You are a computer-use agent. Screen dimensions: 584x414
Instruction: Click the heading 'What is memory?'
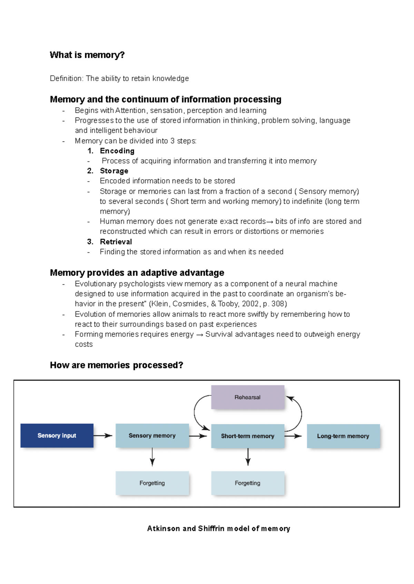87,55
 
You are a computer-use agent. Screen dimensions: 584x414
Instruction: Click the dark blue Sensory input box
57,435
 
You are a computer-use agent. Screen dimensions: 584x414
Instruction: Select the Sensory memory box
152,435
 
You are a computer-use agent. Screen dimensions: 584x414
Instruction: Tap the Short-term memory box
247,436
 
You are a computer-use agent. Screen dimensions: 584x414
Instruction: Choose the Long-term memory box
343,436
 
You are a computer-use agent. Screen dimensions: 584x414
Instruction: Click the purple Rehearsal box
247,397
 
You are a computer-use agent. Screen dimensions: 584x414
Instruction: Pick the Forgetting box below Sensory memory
152,483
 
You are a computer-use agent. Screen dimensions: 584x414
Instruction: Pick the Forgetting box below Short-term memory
247,483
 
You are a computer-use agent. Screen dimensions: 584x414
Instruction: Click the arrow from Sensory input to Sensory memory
103,435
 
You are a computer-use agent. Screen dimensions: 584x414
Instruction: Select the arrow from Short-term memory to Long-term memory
293,436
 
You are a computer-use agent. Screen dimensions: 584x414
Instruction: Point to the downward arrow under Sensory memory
152,457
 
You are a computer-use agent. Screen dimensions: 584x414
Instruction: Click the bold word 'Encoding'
117,151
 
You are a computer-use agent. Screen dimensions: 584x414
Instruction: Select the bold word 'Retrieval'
116,242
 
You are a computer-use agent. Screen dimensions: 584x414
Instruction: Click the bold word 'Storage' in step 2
114,171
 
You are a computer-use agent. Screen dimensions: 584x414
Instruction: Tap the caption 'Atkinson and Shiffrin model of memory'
218,528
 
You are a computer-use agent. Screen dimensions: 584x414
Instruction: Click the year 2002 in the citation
250,304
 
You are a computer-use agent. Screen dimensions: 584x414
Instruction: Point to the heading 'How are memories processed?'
116,365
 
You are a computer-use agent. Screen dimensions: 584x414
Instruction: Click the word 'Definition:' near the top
67,79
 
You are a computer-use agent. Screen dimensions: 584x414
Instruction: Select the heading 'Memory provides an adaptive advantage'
137,273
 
